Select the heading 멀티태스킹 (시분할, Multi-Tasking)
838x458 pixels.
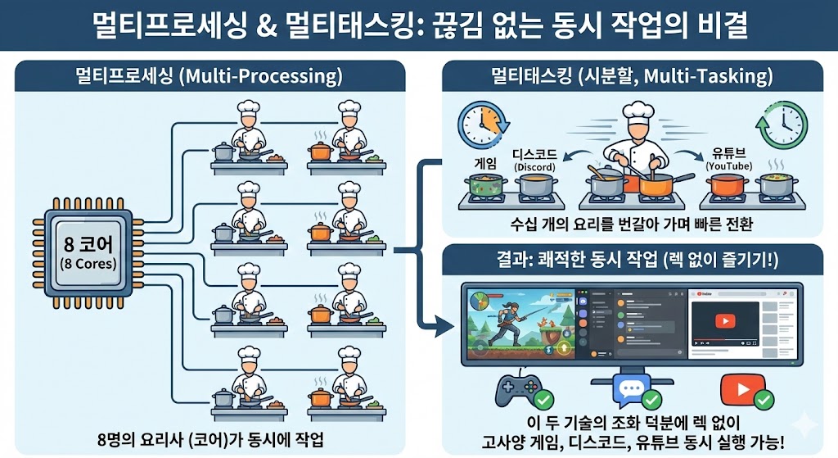(x=632, y=78)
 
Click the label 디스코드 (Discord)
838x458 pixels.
(x=535, y=160)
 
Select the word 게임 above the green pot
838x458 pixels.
(x=480, y=162)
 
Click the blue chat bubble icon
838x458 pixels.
(x=631, y=389)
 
